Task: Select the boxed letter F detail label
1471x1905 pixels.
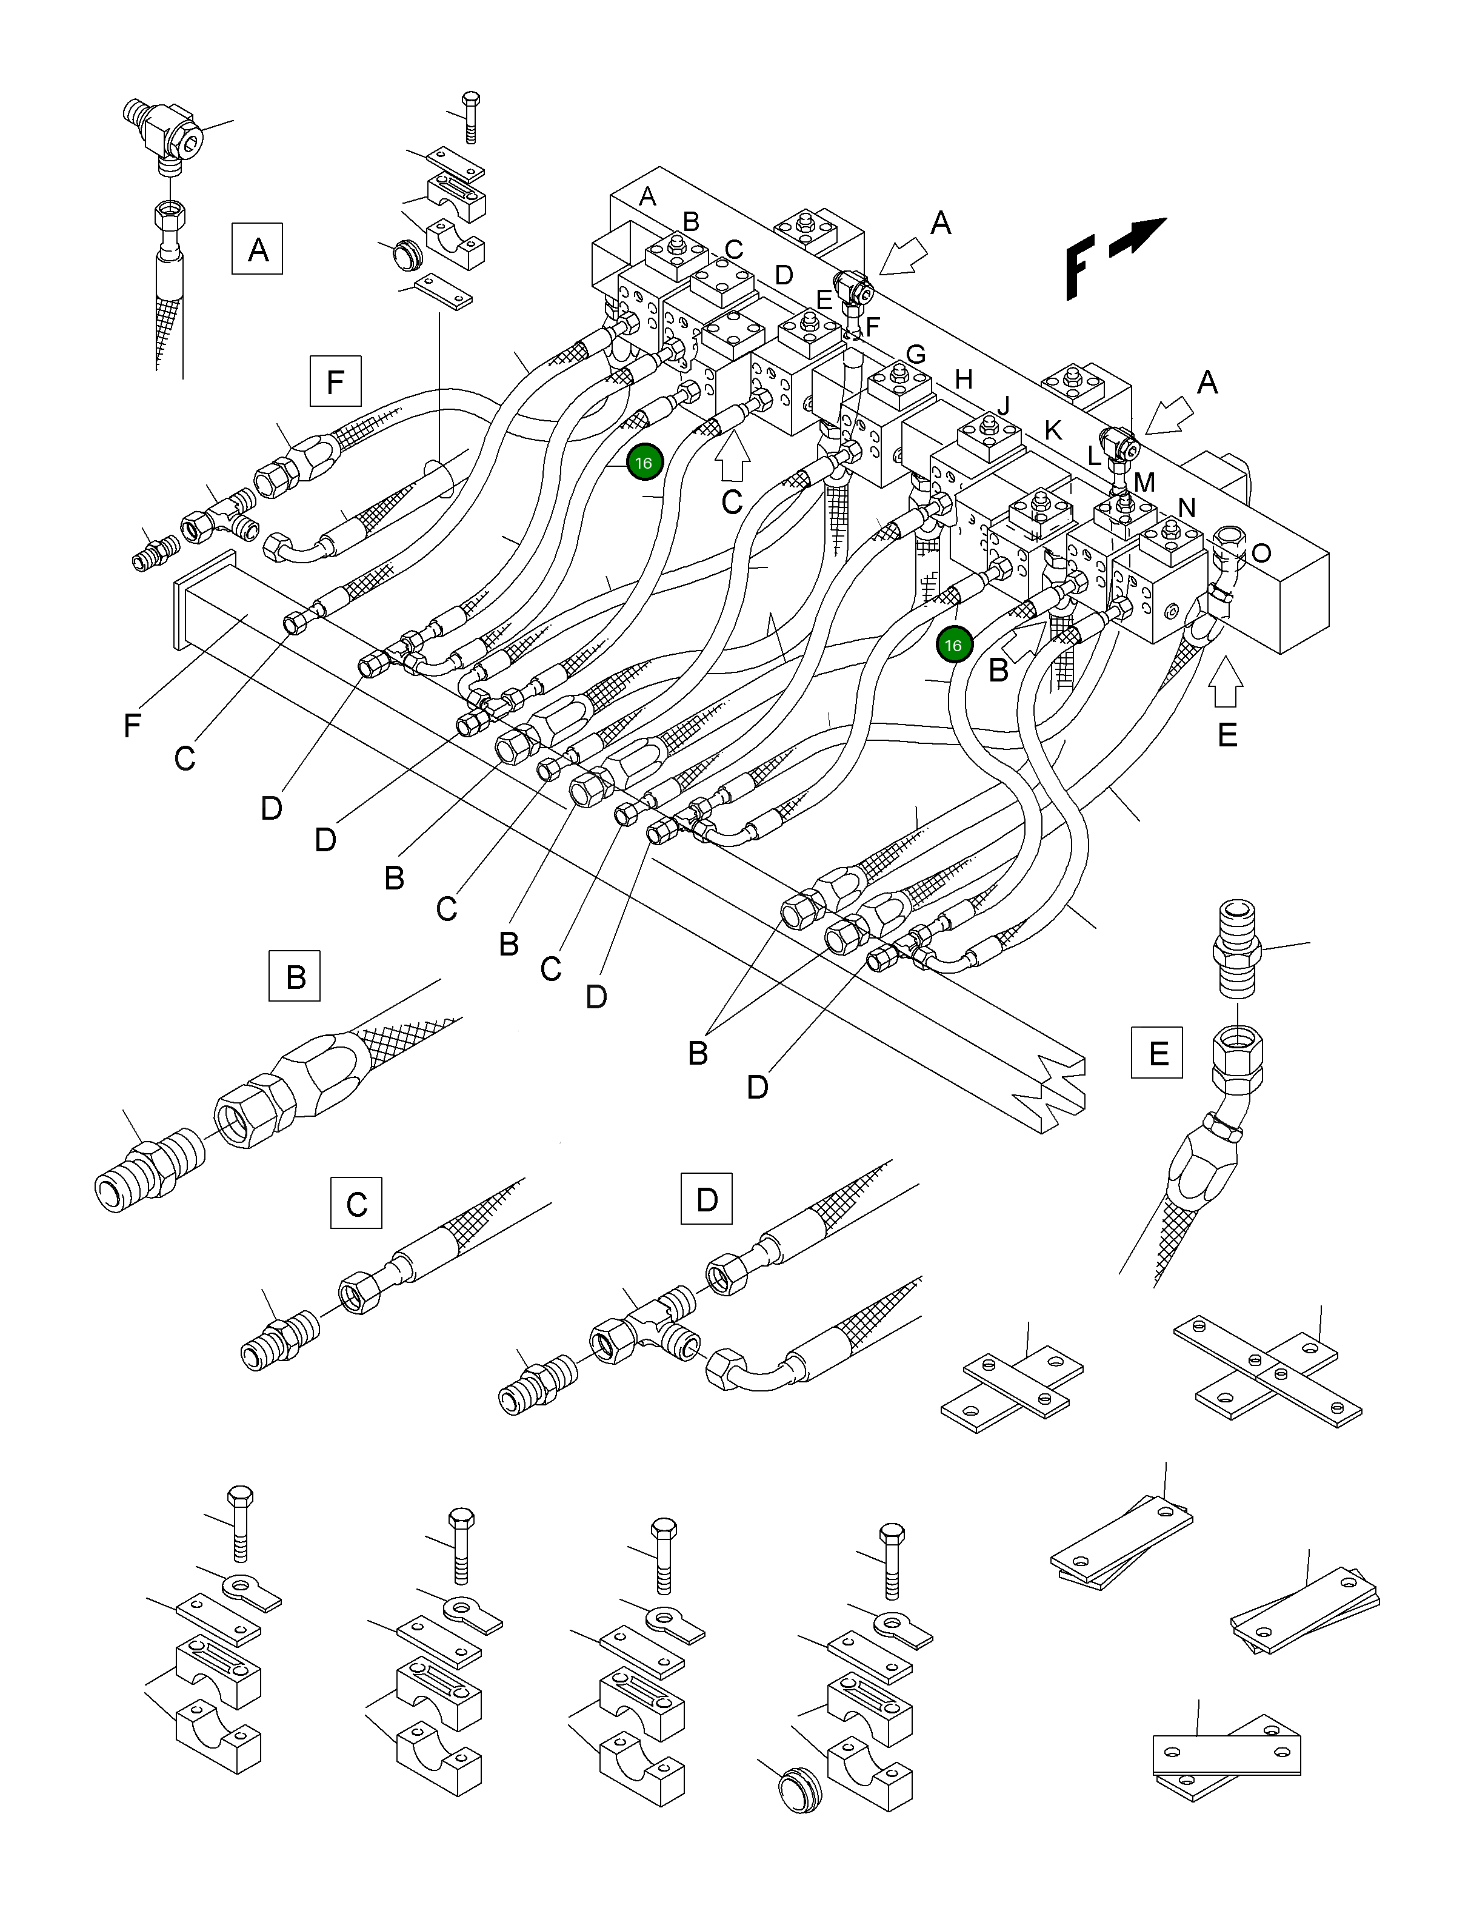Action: click(335, 382)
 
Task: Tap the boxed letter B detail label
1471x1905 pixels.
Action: click(295, 975)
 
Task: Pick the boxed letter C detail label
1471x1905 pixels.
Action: click(356, 1203)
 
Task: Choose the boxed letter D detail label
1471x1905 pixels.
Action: click(705, 1199)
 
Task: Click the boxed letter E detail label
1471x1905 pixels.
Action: click(1157, 1053)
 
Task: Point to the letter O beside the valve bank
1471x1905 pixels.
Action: click(1261, 553)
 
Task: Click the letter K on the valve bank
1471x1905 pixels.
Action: click(1053, 429)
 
